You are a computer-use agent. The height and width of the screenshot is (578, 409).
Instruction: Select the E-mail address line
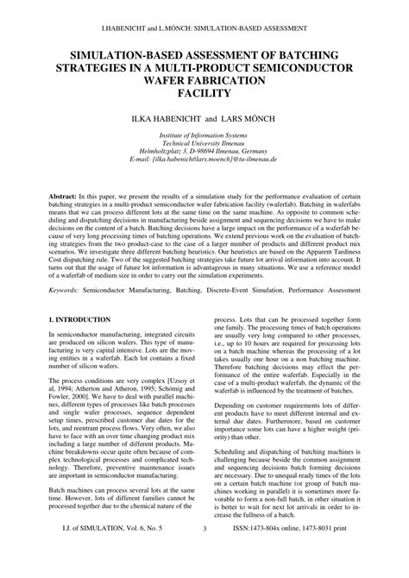click(204, 160)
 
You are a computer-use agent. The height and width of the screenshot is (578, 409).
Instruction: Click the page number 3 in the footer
click(204, 553)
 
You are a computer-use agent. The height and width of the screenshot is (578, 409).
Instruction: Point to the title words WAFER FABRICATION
click(204, 79)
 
